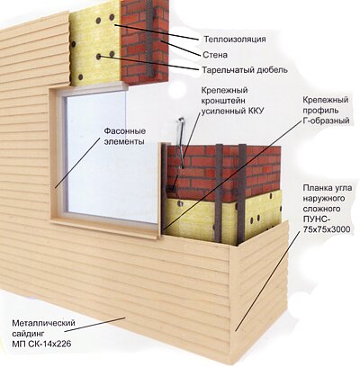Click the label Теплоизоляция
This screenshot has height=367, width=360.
pos(235,40)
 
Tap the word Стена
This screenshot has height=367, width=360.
pos(215,55)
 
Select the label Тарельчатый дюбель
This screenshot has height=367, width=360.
pos(245,70)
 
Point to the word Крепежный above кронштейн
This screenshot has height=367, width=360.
pos(225,90)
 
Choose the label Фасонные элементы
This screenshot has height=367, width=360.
pos(124,137)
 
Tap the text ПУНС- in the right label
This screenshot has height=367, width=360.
pos(315,219)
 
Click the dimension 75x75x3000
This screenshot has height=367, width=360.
pos(327,229)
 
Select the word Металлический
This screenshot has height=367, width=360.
pos(43,323)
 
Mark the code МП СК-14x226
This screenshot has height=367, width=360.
pos(41,344)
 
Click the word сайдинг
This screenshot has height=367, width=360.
pos(28,334)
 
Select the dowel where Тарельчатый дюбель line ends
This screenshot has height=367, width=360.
pos(100,56)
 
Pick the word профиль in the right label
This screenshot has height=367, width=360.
pos(320,110)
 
